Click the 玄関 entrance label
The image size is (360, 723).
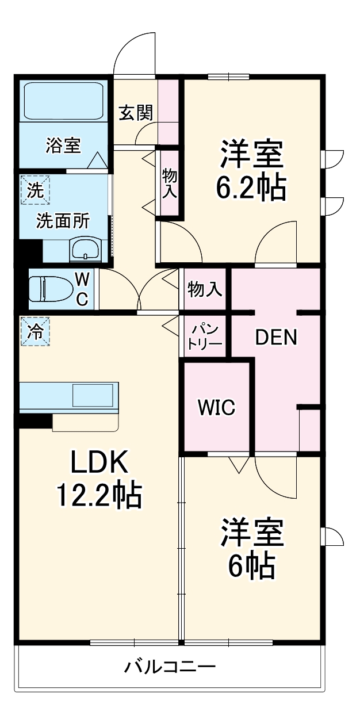coord(136,112)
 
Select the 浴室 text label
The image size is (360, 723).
coord(63,146)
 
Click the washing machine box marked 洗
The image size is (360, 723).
coord(36,190)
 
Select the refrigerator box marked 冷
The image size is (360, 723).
coord(36,332)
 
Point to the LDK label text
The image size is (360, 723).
coord(97,462)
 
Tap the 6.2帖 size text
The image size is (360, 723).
coord(251,187)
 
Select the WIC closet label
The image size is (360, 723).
coord(217,407)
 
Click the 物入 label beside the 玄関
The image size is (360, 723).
coord(169,183)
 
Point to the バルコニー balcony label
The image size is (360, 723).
coord(170,668)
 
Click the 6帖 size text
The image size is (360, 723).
coord(251,567)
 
